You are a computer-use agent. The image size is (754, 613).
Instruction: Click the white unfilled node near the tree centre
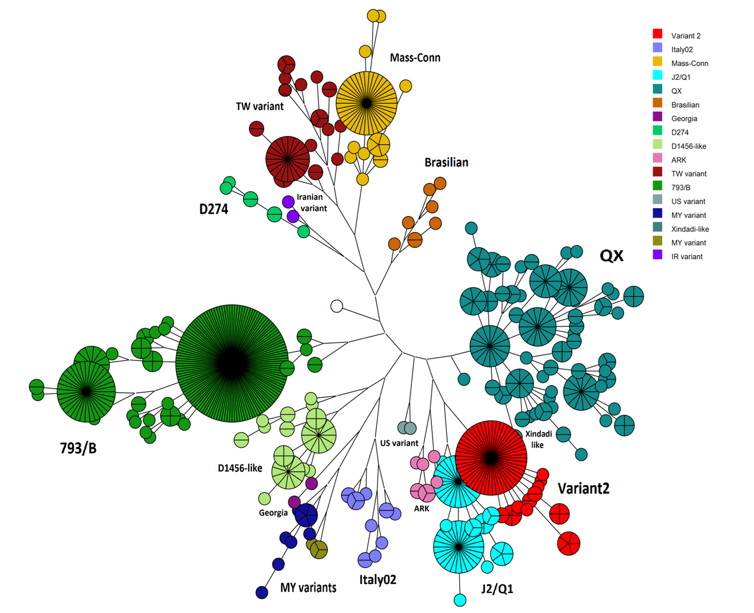pos(337,306)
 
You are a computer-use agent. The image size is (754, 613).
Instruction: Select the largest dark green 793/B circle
pos(232,364)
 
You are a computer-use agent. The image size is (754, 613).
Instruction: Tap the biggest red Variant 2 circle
pos(491,457)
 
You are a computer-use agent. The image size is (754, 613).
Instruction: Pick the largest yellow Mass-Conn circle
pos(366,103)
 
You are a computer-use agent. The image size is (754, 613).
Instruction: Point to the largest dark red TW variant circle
pos(288,159)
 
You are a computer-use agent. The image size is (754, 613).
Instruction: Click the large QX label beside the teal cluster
pos(611,256)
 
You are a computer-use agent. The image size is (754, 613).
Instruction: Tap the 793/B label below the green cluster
pos(78,448)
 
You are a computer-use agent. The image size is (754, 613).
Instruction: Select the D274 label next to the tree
pos(214,209)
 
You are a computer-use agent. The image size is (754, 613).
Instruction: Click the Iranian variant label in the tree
pos(311,203)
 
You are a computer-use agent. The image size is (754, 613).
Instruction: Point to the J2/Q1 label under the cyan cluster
pos(497,588)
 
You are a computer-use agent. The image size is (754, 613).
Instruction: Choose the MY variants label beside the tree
pos(308,587)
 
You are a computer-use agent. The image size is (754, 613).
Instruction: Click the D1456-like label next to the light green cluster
pos(240,468)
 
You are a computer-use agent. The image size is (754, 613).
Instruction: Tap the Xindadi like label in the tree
pos(538,439)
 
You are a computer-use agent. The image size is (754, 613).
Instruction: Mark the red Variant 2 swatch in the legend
pos(658,34)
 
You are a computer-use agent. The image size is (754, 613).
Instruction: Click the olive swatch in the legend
pos(658,241)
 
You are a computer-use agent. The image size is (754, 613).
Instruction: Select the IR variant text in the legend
pos(686,256)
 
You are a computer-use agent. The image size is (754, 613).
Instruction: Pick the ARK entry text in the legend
pos(678,160)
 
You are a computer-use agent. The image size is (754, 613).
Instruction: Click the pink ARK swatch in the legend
pos(658,158)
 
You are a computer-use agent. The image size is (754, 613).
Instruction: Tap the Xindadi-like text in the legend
pos(690,229)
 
